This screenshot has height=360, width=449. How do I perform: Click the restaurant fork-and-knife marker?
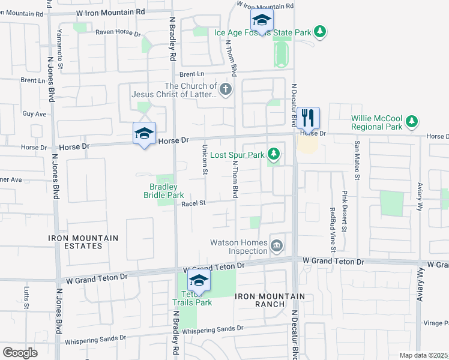tap(308, 118)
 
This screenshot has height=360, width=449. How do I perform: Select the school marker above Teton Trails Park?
tap(199, 280)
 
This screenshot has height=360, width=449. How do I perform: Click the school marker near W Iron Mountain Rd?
tap(262, 20)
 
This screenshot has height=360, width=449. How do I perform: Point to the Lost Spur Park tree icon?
tap(274, 155)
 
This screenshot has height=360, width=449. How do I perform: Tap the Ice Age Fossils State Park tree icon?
tap(321, 32)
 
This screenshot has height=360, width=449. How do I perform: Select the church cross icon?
tap(226, 91)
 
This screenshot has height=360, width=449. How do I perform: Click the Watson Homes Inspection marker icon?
tap(277, 244)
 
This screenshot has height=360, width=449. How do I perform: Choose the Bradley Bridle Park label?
tap(163, 191)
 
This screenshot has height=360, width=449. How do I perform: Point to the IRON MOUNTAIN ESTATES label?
tap(83, 242)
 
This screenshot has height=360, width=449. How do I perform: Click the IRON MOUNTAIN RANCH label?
tap(270, 300)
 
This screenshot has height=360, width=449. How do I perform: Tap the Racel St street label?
tap(193, 203)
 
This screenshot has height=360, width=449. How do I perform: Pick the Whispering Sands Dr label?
tap(212, 329)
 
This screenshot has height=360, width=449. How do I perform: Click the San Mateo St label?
tap(357, 161)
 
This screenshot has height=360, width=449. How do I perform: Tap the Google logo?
tap(20, 353)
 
